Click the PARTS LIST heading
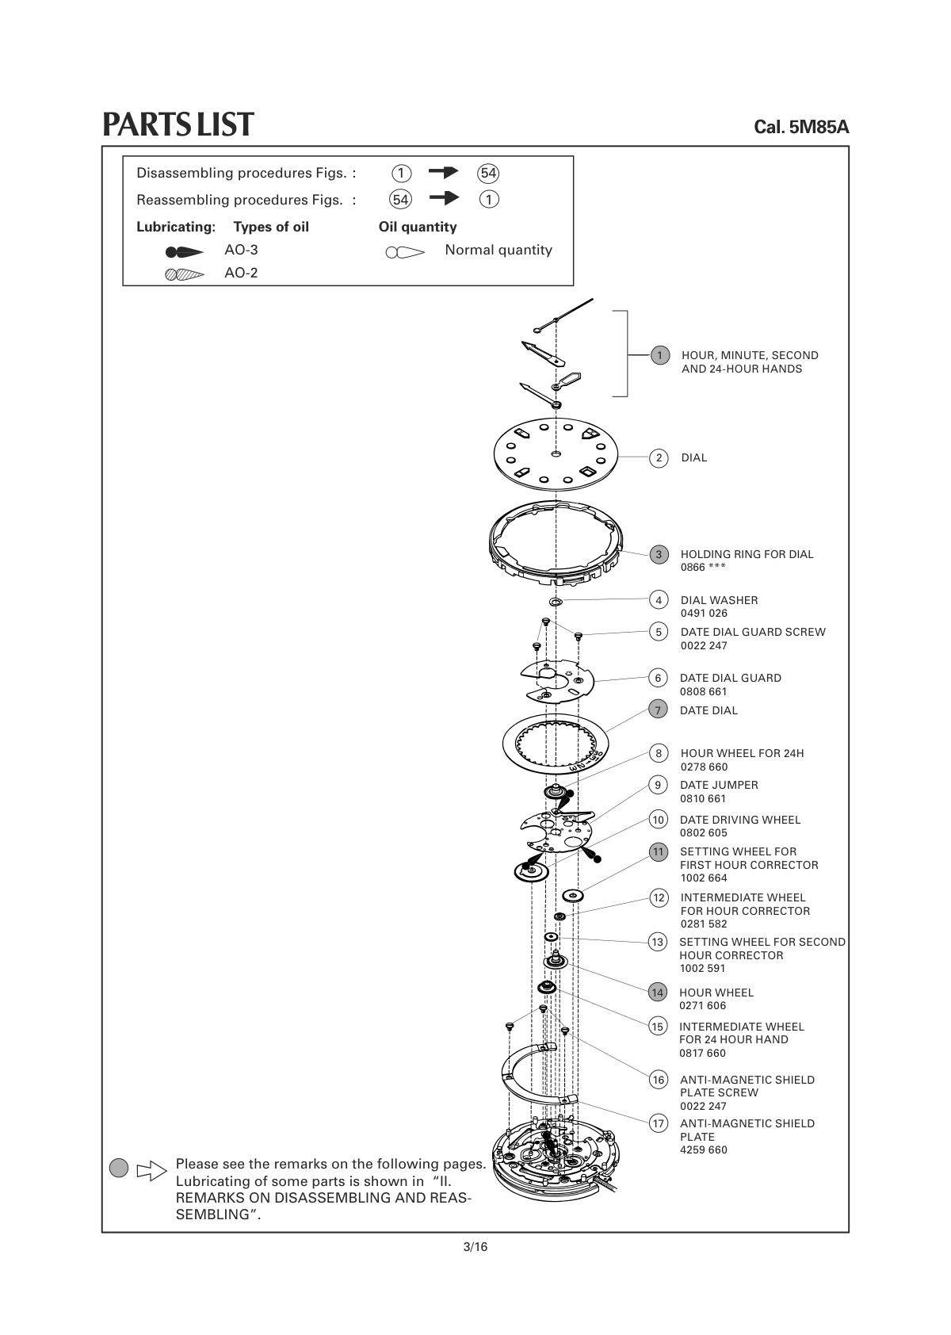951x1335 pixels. coord(178,124)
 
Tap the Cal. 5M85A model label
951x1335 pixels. coord(801,127)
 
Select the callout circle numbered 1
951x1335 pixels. coord(659,355)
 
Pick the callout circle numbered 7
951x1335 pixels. coord(658,710)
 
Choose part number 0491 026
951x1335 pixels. coord(704,613)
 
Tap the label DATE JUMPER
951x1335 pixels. coord(719,785)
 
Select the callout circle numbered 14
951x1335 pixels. coord(658,992)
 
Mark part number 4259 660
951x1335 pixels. coord(704,1149)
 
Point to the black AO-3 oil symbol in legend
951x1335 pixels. coord(184,252)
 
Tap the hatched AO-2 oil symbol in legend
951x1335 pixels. coord(184,275)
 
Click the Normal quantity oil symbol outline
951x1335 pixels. coord(404,253)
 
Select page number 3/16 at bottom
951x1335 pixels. coord(475,1247)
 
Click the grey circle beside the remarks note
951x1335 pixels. coord(119,1167)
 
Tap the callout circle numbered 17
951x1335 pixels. coord(658,1123)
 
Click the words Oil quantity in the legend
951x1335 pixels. coord(418,227)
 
